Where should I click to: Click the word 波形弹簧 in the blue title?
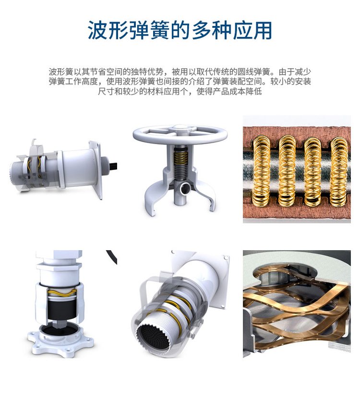[129, 30]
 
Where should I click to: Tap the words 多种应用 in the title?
[231, 30]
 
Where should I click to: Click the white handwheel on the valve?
[180, 134]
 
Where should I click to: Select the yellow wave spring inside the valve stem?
[180, 157]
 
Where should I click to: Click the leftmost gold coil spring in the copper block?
[262, 171]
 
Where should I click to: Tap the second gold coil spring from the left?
[287, 171]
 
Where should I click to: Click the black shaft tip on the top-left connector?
[114, 166]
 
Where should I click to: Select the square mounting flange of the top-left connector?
[96, 169]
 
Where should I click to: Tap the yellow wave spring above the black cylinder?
[62, 292]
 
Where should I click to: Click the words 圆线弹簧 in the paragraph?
[253, 72]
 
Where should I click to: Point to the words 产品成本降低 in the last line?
[237, 91]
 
